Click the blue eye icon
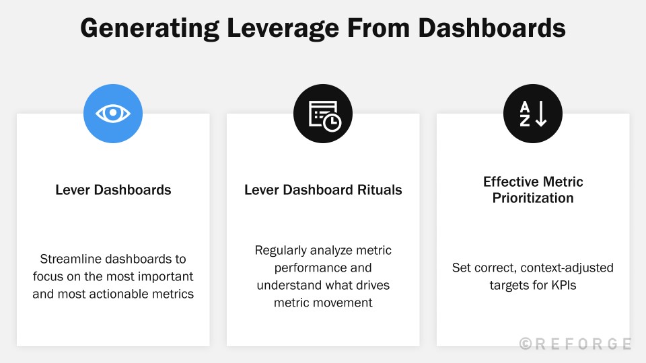pyautogui.click(x=113, y=114)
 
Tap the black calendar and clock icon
pyautogui.click(x=323, y=114)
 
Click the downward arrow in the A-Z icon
pyautogui.click(x=541, y=114)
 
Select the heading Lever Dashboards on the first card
pyautogui.click(x=113, y=190)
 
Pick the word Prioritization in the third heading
pyautogui.click(x=533, y=198)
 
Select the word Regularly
pyautogui.click(x=281, y=250)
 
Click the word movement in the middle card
pyautogui.click(x=339, y=302)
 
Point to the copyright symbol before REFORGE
pyautogui.click(x=526, y=344)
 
